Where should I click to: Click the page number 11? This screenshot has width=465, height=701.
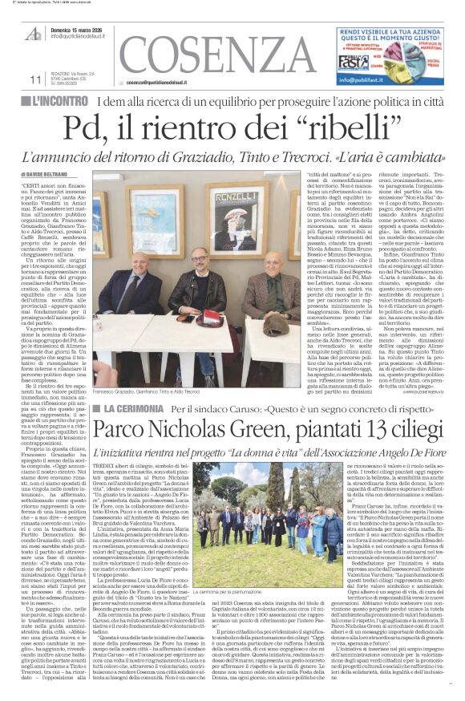[12, 79]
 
